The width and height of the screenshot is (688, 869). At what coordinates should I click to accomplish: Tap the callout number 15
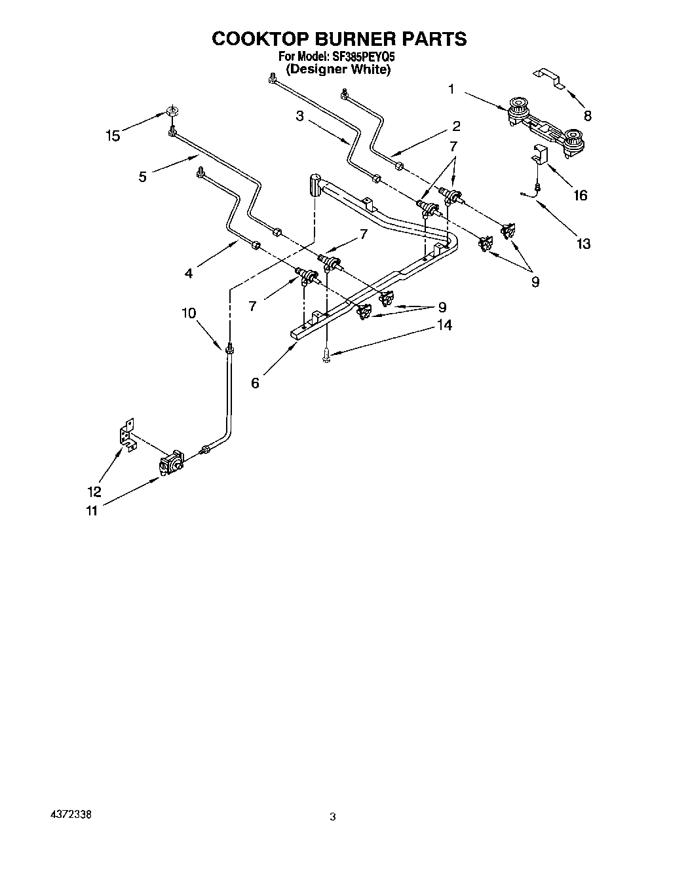pyautogui.click(x=113, y=136)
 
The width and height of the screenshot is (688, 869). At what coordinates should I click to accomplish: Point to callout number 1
pyautogui.click(x=451, y=88)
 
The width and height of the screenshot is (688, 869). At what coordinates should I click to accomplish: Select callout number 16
pyautogui.click(x=580, y=194)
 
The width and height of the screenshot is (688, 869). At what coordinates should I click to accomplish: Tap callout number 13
pyautogui.click(x=583, y=244)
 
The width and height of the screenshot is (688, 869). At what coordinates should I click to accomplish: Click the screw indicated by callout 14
pyautogui.click(x=326, y=355)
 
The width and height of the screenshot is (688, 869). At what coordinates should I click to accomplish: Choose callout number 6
pyautogui.click(x=255, y=382)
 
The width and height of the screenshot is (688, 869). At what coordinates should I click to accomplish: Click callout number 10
pyautogui.click(x=189, y=313)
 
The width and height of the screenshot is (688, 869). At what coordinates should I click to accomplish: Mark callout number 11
pyautogui.click(x=92, y=510)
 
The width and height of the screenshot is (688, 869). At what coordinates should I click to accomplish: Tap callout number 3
pyautogui.click(x=299, y=116)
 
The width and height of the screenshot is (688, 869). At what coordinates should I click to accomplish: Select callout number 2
pyautogui.click(x=456, y=126)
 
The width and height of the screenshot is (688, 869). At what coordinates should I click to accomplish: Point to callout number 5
pyautogui.click(x=143, y=176)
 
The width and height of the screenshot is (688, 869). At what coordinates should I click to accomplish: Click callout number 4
pyautogui.click(x=189, y=273)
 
